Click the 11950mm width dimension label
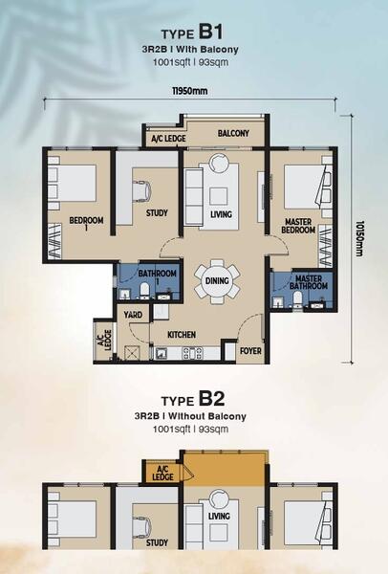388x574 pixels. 190,91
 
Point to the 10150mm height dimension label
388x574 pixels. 359,238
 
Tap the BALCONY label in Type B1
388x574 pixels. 233,133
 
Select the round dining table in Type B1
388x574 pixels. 217,281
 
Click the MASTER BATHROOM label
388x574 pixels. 309,282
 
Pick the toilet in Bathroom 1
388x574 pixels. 144,290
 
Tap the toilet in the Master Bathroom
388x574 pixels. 297,299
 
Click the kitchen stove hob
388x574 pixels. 192,353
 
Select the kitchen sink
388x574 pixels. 161,353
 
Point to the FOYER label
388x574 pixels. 250,351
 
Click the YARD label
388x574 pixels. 133,315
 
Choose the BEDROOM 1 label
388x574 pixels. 86,224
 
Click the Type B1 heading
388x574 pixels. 192,32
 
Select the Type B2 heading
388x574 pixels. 193,399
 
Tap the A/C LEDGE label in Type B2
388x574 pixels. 162,474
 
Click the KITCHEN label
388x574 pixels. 182,335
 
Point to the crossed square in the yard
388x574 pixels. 131,353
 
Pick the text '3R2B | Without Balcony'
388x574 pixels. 190,416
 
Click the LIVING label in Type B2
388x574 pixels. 219,517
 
